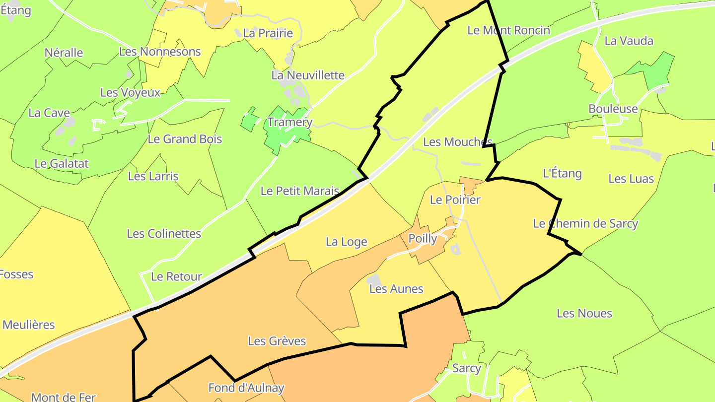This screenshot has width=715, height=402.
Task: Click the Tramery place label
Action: pos(290,122)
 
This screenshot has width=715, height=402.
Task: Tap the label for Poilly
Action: pos(423,239)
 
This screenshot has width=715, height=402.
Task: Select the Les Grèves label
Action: pos(277,341)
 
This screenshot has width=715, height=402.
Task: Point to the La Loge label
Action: pos(346,242)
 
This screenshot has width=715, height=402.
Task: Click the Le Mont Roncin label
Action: pos(508,30)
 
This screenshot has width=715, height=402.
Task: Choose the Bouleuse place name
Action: pos(613,109)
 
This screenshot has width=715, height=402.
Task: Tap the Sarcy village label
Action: pos(466,368)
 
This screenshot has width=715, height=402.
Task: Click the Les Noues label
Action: pos(584,313)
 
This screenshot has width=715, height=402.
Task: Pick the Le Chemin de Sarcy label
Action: pos(585,223)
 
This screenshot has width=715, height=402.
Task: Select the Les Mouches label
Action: pos(457,142)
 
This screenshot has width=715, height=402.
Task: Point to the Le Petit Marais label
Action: pos(299,191)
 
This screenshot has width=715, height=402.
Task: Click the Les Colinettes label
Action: pos(164,233)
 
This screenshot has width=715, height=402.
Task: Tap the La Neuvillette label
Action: pos(307,75)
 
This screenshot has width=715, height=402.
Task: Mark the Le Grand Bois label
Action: pos(185,139)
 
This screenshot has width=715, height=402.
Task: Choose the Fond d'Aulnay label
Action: pos(246,388)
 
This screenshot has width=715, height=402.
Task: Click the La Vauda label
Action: pos(629,41)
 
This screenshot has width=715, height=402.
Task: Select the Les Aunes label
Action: pos(396,289)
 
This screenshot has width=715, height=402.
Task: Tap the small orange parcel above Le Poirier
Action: pos(469,185)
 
